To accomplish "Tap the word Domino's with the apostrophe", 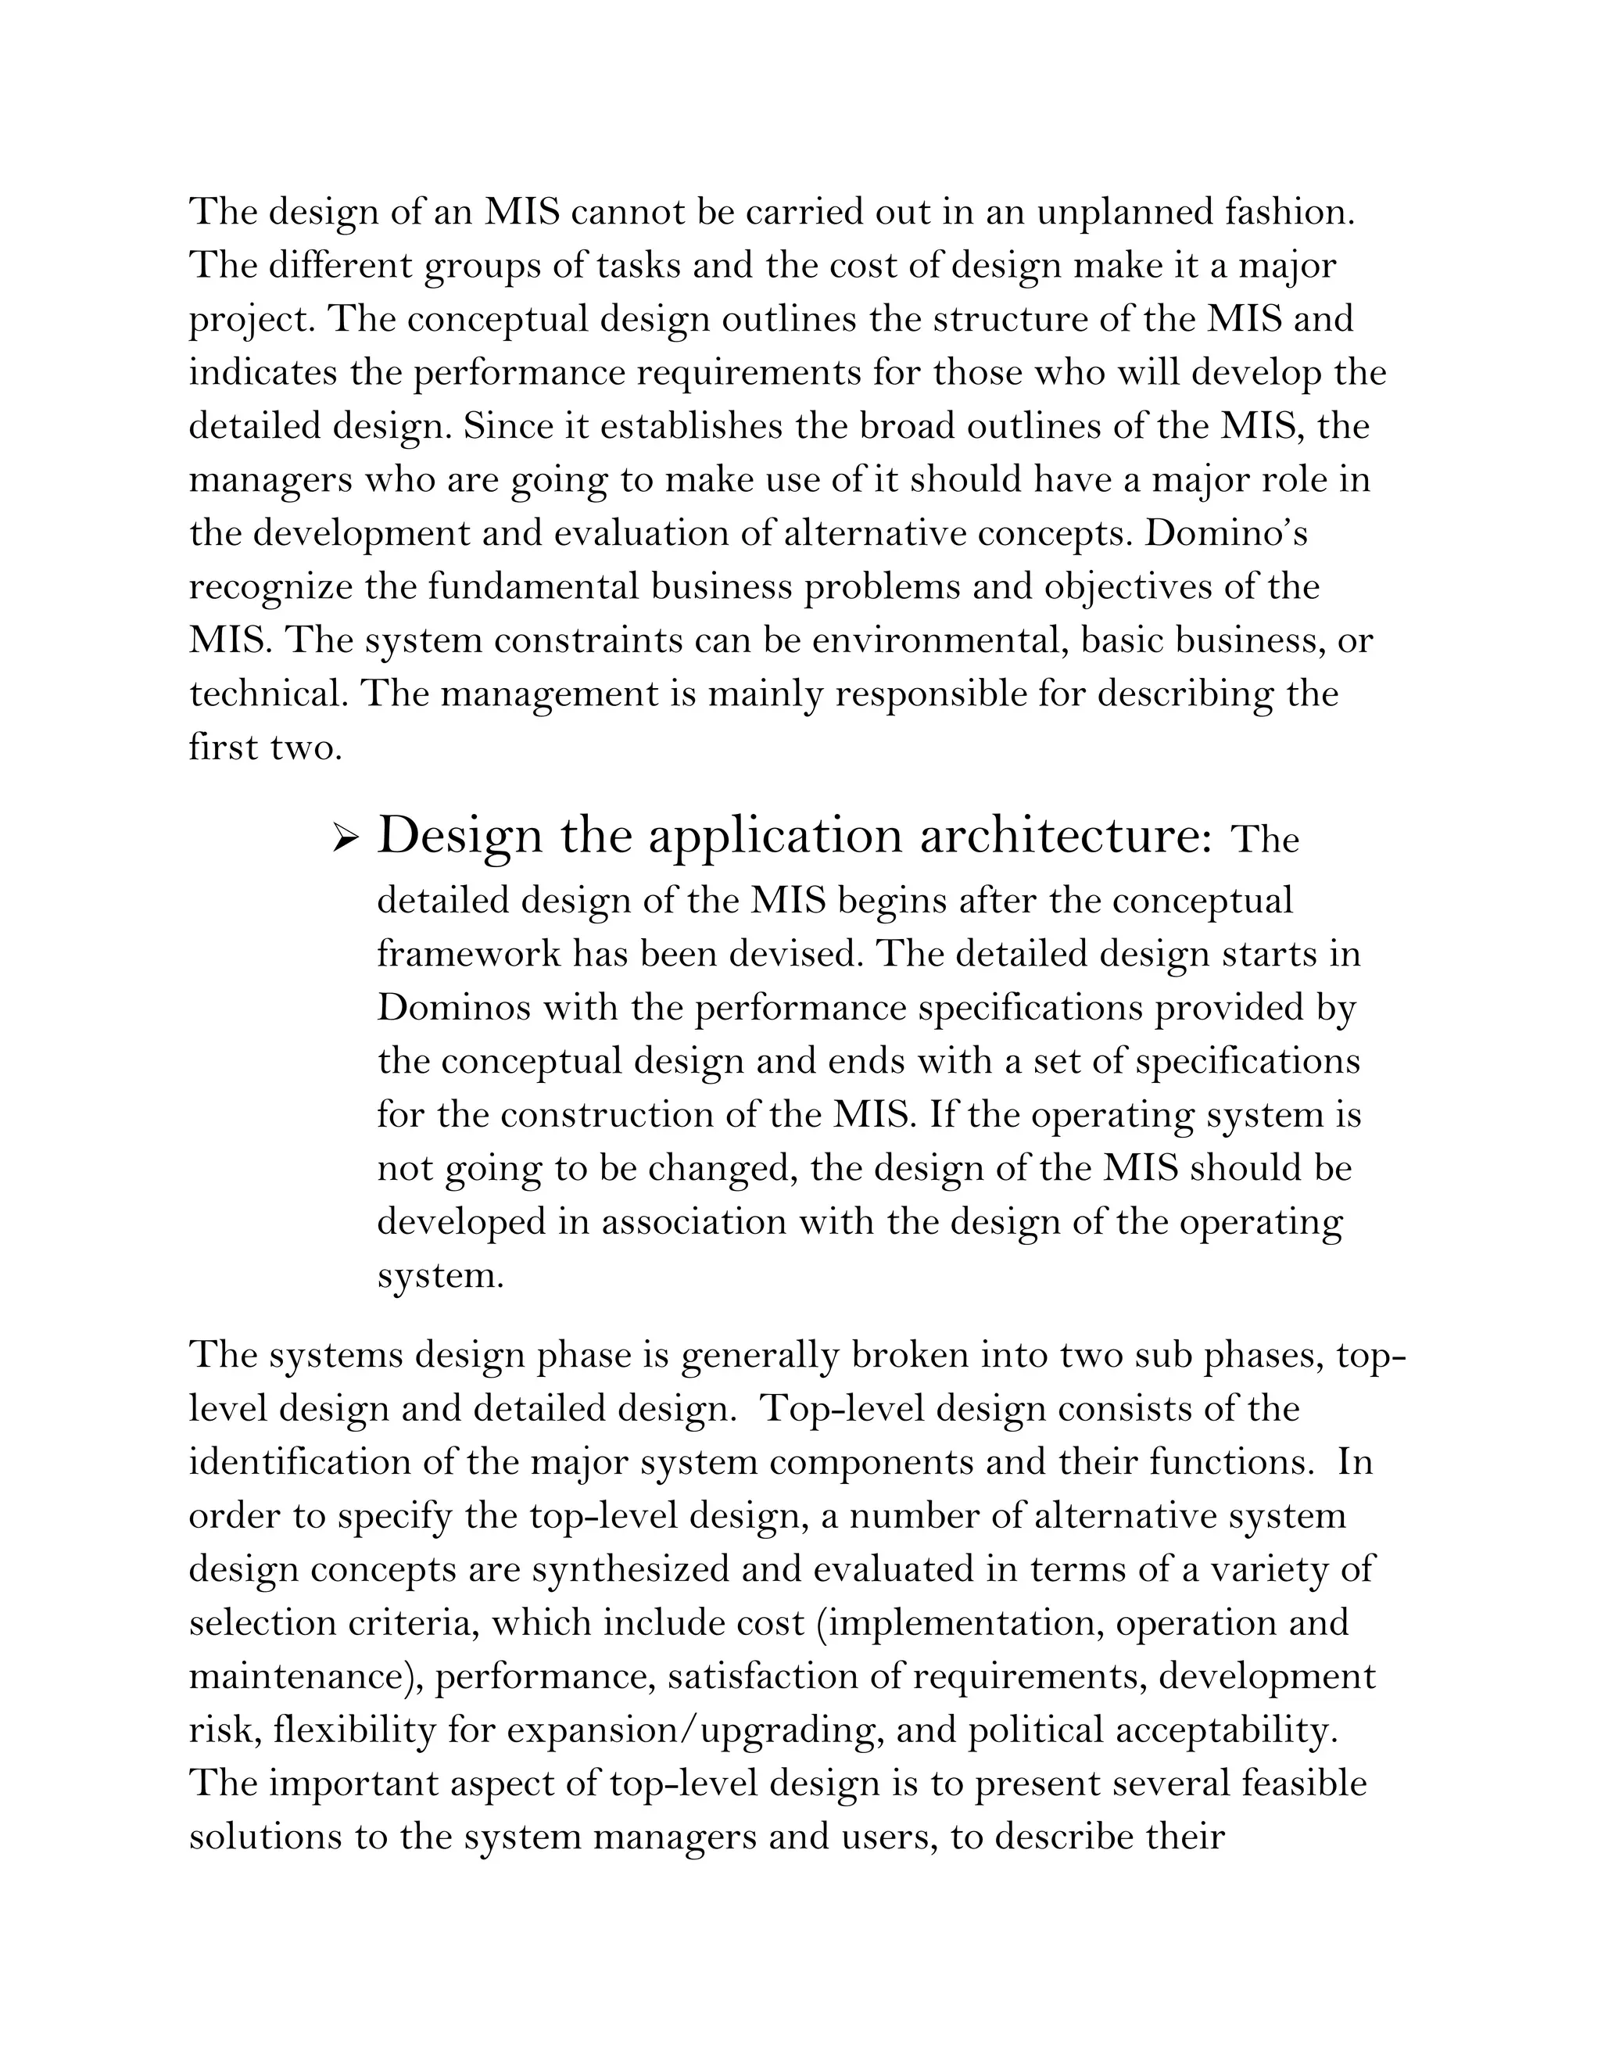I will pyautogui.click(x=1227, y=533).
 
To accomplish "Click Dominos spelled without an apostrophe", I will pyautogui.click(x=453, y=1006).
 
